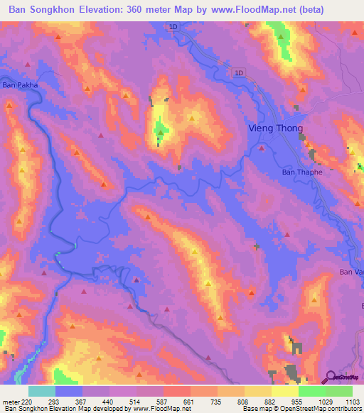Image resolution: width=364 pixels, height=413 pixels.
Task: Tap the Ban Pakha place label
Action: point(19,84)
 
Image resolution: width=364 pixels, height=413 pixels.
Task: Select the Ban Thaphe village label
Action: point(302,172)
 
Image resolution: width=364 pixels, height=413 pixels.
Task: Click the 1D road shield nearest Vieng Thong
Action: point(239,72)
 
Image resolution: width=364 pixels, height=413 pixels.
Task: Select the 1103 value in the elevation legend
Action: point(353,402)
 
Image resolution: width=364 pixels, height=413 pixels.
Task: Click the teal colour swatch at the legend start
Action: point(42,391)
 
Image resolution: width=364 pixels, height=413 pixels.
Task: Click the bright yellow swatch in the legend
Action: point(284,391)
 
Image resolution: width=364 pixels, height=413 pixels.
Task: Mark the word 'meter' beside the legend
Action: point(10,402)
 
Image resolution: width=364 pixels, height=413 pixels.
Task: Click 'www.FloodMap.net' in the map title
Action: point(241,9)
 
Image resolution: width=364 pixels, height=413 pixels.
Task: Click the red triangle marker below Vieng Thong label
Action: point(262,148)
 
